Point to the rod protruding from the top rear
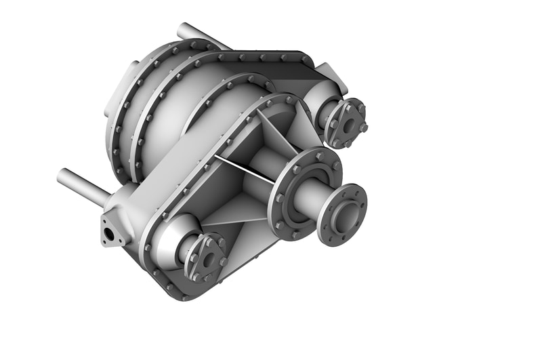[x=196, y=35]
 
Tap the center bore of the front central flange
[x=346, y=216]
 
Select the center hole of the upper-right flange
[x=348, y=125]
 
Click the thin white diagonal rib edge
[x=244, y=169]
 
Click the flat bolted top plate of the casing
[x=271, y=64]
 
